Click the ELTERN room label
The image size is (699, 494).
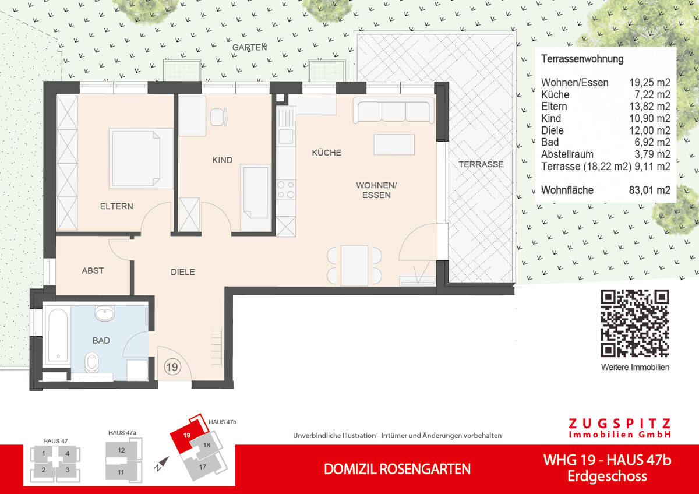[116, 206]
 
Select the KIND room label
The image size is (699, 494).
[223, 160]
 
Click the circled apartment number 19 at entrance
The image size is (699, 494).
[172, 367]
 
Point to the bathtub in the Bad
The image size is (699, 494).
[57, 336]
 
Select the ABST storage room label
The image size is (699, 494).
[93, 271]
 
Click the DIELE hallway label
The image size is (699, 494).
[182, 272]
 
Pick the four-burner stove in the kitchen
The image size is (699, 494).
[286, 190]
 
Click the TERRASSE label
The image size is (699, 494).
[481, 164]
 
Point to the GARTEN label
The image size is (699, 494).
[249, 47]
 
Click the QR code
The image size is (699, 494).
[635, 323]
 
